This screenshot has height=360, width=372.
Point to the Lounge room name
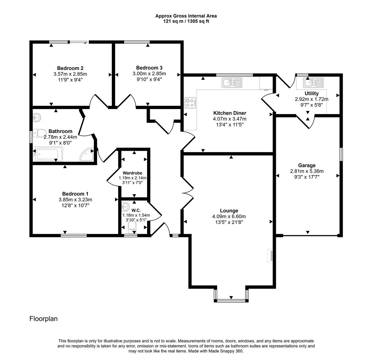[229, 211]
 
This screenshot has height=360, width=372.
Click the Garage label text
[307, 165]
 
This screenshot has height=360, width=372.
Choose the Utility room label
[311, 93]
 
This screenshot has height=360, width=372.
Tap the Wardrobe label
[132, 173]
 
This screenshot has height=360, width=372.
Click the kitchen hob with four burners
[190, 102]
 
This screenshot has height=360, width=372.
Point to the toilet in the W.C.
[132, 228]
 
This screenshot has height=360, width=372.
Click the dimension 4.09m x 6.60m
[229, 216]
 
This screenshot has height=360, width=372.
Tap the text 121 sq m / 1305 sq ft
[186, 21]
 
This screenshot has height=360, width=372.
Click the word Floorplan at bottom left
[43, 319]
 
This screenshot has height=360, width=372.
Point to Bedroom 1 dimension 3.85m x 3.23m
[75, 200]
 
